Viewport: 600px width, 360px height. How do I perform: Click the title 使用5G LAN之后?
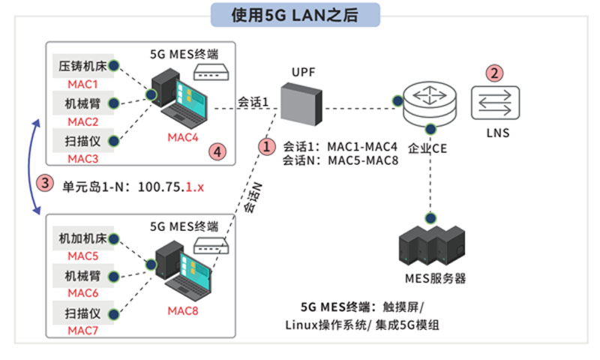295,14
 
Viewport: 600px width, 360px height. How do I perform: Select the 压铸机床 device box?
82,66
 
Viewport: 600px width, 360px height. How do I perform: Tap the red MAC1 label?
82,84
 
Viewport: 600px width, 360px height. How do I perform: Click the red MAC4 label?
183,137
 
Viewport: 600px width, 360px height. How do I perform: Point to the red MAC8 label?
183,310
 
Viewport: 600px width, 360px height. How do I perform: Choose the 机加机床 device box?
82,238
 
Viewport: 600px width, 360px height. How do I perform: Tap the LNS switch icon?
496,103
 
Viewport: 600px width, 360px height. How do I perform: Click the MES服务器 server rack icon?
428,245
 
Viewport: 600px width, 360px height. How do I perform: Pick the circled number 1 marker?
267,144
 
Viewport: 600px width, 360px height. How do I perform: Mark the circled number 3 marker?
45,182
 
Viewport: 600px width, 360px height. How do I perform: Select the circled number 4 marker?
217,151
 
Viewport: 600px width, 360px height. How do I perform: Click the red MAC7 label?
82,330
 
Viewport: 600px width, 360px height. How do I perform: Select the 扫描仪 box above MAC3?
82,139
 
